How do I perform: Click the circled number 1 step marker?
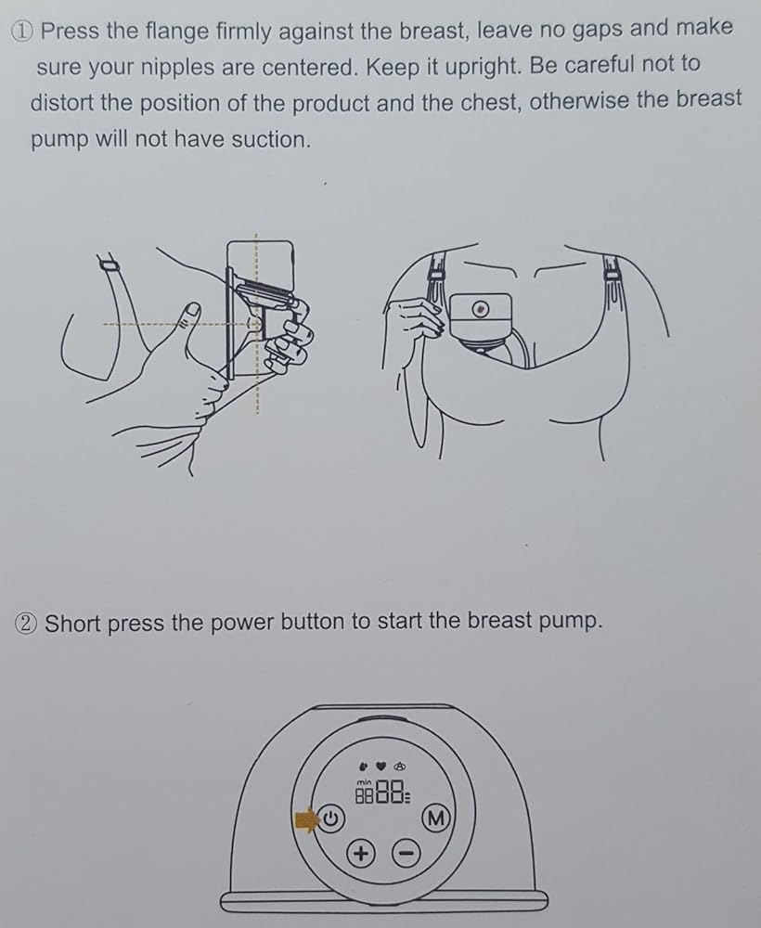[x=24, y=32]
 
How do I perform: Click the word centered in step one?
[x=310, y=68]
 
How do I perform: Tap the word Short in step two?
[x=72, y=624]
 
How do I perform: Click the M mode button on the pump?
[x=435, y=819]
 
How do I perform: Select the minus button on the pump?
[x=406, y=854]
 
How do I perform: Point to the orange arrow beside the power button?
[x=306, y=820]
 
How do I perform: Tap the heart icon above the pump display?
[x=381, y=767]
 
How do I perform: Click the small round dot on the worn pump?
[x=481, y=309]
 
